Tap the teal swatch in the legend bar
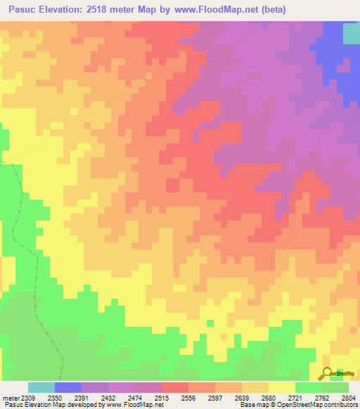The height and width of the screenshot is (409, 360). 41,387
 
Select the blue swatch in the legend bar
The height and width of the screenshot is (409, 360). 68,387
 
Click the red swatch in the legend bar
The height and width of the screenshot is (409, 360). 175,387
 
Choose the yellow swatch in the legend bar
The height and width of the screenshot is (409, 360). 282,387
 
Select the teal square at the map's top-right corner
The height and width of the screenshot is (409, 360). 351,33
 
